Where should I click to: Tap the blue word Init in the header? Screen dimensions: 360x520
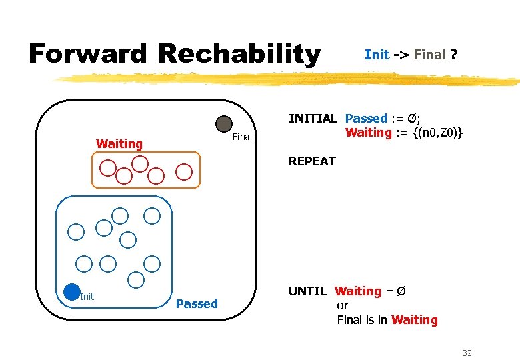coord(377,55)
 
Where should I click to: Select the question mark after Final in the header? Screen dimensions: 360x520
coord(454,55)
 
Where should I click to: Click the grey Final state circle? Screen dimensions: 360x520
coord(224,124)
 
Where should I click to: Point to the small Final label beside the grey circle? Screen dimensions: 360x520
coord(242,137)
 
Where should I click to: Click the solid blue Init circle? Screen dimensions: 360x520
coord(71,291)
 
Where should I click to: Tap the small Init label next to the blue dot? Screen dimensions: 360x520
coord(87,297)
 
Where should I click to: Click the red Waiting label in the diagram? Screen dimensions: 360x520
coord(119,143)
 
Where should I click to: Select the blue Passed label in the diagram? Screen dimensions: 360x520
coord(197,304)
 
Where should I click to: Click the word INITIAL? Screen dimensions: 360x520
coord(313,119)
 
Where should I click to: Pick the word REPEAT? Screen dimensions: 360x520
coord(312,161)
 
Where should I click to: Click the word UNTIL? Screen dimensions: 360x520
coord(307,291)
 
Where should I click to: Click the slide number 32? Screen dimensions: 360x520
coord(467,353)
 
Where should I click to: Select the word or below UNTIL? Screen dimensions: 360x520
coord(343,305)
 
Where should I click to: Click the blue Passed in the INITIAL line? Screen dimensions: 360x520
coord(366,119)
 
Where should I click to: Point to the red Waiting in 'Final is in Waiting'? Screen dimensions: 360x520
coord(415,320)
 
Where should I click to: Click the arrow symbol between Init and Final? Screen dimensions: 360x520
coord(401,55)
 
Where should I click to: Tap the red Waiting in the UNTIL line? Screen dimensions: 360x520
coord(358,291)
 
